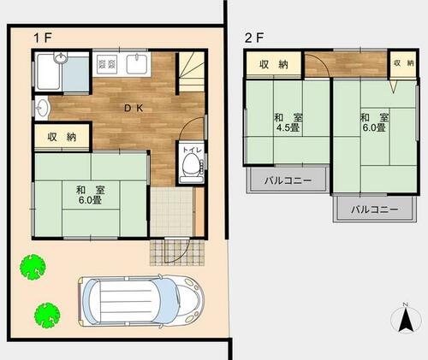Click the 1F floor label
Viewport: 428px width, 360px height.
point(43,38)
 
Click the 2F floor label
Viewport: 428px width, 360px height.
point(254,38)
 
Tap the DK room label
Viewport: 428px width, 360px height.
point(134,108)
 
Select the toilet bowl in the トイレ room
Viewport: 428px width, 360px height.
point(192,165)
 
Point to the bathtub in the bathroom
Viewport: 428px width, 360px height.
point(49,71)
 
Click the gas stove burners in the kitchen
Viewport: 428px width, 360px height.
point(107,64)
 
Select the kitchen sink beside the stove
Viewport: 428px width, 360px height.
point(137,64)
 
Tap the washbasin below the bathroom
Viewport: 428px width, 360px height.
point(42,108)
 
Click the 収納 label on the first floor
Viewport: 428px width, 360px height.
point(62,137)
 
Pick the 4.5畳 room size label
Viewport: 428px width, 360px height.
point(288,127)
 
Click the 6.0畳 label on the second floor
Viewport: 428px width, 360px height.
point(374,127)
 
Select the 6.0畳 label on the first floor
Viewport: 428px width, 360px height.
point(90,200)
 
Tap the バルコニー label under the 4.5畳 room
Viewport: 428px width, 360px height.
point(288,180)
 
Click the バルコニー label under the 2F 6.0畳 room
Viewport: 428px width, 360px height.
point(374,210)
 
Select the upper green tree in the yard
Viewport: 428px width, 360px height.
point(33,267)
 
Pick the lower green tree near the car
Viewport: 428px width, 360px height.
point(47,316)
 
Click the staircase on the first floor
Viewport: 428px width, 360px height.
point(192,72)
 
